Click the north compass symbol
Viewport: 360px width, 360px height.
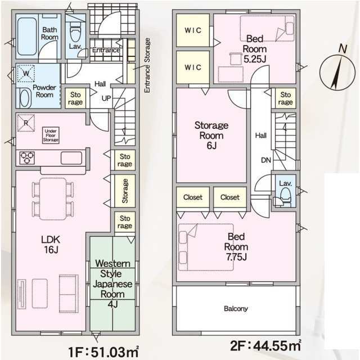[x=337, y=71]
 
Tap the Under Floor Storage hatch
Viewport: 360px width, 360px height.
[x=51, y=136]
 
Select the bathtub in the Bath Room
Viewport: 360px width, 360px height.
[x=27, y=36]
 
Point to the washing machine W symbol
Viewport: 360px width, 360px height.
[x=26, y=73]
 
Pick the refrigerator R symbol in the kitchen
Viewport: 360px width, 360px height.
[x=26, y=123]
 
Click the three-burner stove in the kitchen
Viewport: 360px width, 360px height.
[x=27, y=157]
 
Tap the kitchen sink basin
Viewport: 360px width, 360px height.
[x=71, y=158]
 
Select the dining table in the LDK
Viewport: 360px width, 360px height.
[x=53, y=199]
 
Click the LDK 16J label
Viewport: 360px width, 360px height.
[x=51, y=245]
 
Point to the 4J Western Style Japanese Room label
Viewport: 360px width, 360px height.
[x=112, y=283]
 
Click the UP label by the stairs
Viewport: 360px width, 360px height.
[x=106, y=98]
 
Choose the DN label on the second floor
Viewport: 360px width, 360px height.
[x=266, y=160]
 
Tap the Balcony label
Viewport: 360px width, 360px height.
[x=236, y=309]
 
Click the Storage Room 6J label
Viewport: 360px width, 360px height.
[x=211, y=136]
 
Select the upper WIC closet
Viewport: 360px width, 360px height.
[x=193, y=30]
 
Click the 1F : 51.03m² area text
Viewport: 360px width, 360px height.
[x=103, y=352]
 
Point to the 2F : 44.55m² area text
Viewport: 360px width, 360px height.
[x=265, y=345]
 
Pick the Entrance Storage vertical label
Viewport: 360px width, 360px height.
[x=147, y=65]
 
